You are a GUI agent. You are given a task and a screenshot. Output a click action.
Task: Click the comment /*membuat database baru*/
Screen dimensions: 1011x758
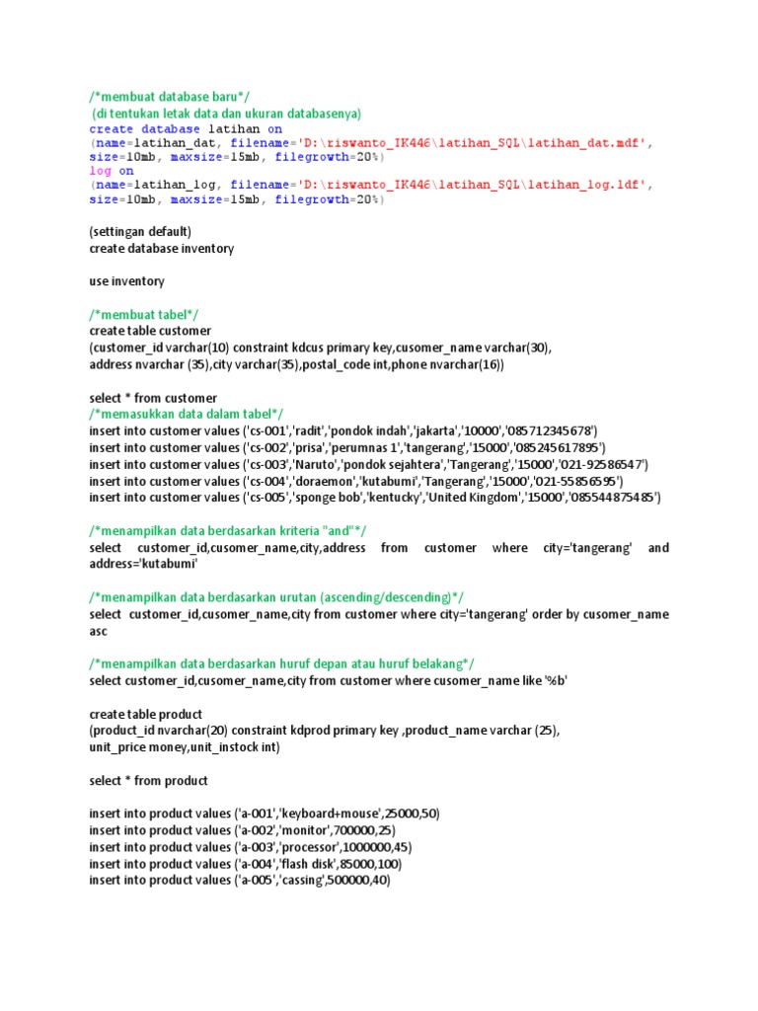pos(169,96)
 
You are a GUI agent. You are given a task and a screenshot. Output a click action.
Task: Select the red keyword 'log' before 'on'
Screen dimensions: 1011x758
pos(101,171)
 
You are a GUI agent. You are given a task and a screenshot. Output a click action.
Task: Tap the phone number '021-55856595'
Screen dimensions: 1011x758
pos(577,481)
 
